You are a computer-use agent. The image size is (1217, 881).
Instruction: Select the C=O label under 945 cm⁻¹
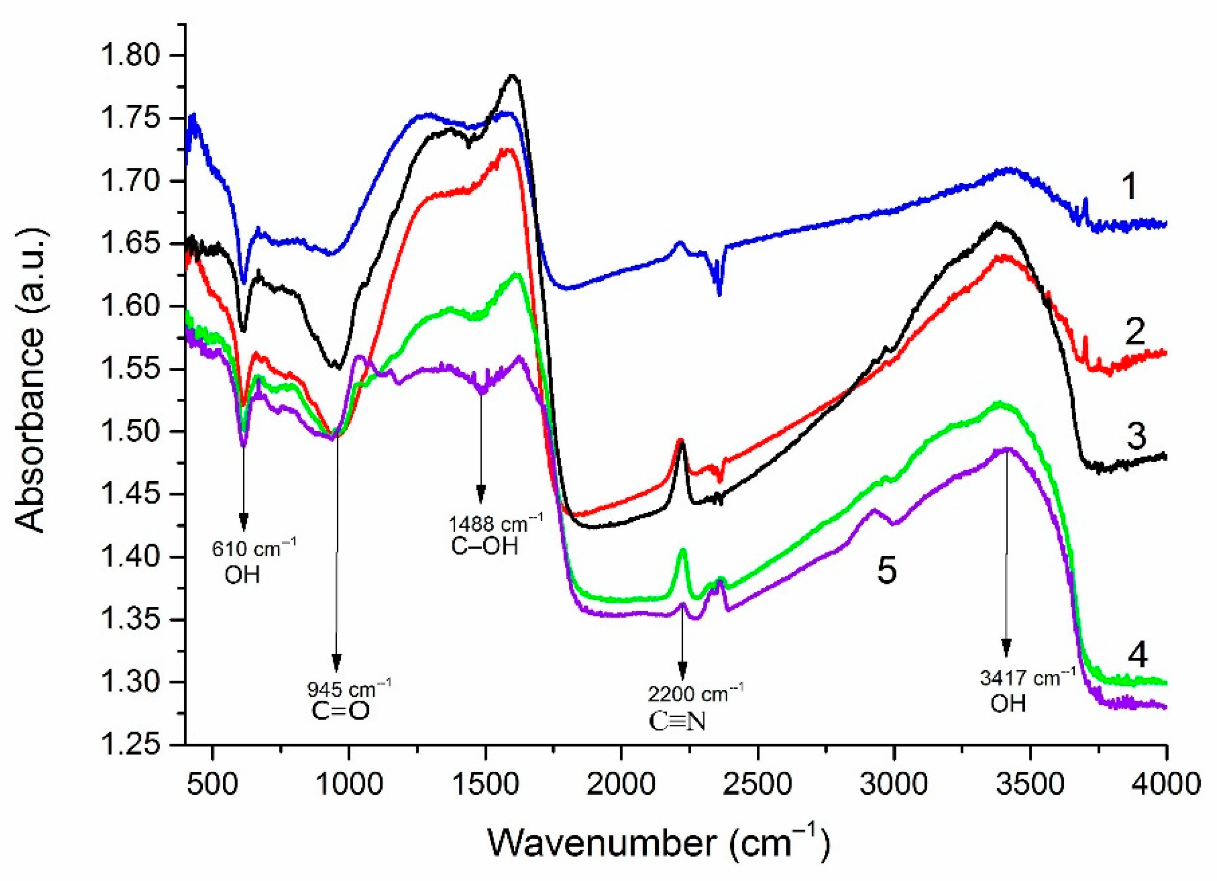(x=340, y=711)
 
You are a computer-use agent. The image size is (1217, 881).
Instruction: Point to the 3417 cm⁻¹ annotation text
(x=1027, y=678)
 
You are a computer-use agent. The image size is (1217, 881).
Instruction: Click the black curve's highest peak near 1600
(x=513, y=76)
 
